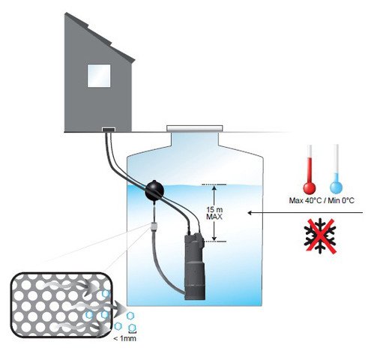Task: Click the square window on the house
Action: coord(99,76)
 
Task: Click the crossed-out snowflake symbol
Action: coord(319,236)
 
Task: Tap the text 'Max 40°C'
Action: coord(305,200)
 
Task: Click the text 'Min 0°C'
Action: coord(341,200)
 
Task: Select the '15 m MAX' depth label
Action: coord(214,213)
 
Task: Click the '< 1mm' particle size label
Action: coord(124,339)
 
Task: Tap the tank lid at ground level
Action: coord(194,128)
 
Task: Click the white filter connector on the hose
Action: coord(154,226)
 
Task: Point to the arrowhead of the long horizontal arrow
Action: coord(250,213)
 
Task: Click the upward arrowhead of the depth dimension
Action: coord(214,187)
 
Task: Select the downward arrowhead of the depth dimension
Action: coord(214,238)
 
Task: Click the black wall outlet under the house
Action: coord(109,129)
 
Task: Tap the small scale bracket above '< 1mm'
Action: coord(132,331)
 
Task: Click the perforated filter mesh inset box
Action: coord(61,304)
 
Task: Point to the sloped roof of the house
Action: coord(100,37)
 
